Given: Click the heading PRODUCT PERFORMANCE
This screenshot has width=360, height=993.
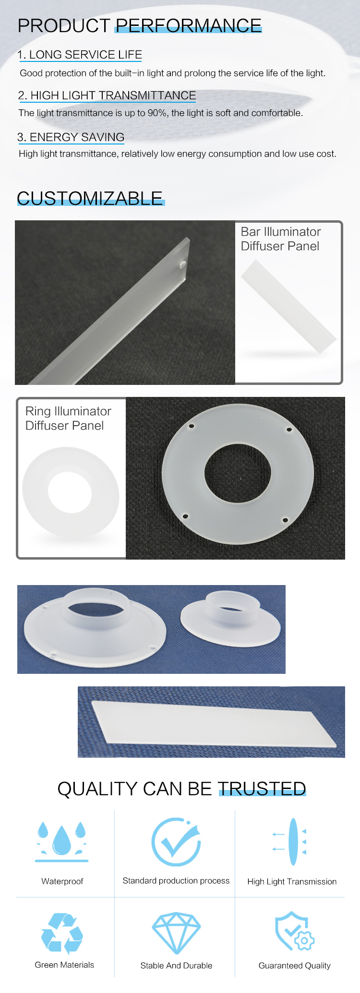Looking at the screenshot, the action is click(x=140, y=25).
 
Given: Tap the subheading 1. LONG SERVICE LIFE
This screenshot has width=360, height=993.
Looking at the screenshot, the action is click(x=80, y=55).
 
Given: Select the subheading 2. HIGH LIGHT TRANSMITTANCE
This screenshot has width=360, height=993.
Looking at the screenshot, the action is click(x=107, y=96).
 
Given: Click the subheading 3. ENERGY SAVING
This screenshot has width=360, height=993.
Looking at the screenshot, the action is click(x=71, y=137).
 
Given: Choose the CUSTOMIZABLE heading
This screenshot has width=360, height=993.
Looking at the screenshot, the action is click(x=90, y=198).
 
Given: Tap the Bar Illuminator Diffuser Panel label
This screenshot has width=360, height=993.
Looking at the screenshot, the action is click(x=281, y=239).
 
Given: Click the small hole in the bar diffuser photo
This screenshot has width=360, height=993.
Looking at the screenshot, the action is click(x=182, y=264).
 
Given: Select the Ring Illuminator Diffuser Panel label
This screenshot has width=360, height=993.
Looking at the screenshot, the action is click(x=68, y=419).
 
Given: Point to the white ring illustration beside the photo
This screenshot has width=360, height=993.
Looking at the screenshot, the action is click(x=71, y=492).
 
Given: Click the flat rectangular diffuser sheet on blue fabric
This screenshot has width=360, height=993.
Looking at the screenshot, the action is click(x=214, y=724).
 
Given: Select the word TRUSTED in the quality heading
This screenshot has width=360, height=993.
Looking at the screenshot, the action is click(x=262, y=789).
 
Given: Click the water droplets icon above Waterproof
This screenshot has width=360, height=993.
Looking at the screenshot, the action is click(x=61, y=841).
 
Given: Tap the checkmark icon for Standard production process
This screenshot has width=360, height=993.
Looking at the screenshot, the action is click(x=176, y=842).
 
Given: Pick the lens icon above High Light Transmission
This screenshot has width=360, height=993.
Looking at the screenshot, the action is click(x=289, y=842).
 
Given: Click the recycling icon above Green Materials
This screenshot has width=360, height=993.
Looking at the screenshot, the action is click(x=62, y=933).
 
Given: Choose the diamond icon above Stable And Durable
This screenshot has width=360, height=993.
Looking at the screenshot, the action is click(x=176, y=933).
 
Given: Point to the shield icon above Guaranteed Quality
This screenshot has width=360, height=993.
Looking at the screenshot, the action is click(x=294, y=931).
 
